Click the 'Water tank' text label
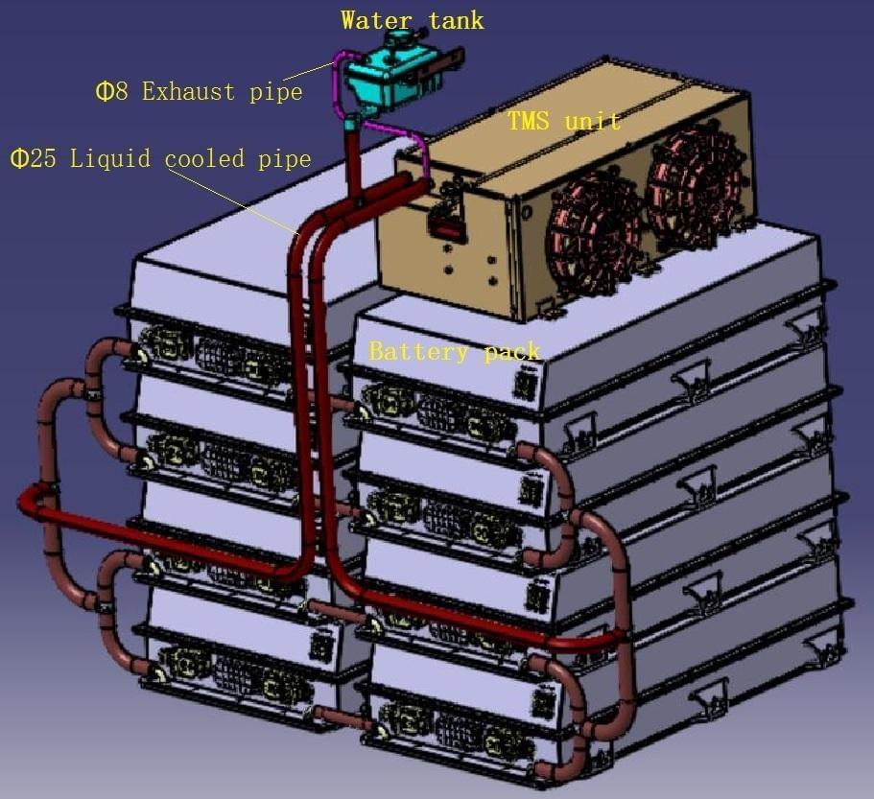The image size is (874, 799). click(x=412, y=19)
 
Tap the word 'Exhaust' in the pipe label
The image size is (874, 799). click(x=188, y=92)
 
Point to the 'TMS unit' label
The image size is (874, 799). click(x=563, y=121)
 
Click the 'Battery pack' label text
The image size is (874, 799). click(x=455, y=351)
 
